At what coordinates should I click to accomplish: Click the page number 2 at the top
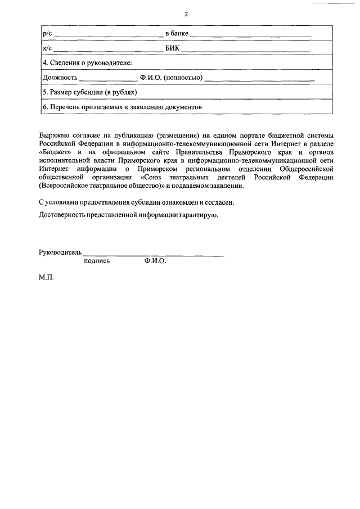pos(185,14)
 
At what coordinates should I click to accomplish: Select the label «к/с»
pos(47,49)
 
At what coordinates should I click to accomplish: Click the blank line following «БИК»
pos(246,49)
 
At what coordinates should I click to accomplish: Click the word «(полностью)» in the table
pos(183,77)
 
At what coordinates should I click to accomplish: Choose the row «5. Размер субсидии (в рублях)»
pos(90,92)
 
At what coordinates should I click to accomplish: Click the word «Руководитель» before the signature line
pos(61,253)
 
